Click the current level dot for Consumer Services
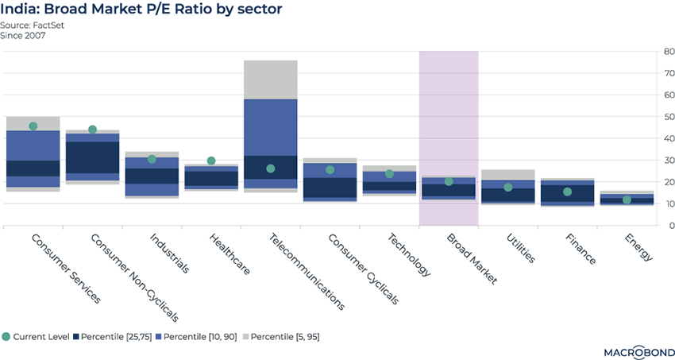click(33, 126)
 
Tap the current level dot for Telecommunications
click(271, 168)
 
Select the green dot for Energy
click(627, 199)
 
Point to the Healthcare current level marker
click(211, 161)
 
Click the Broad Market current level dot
click(449, 181)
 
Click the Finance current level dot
click(568, 192)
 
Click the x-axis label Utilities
click(519, 248)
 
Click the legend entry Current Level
click(37, 336)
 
